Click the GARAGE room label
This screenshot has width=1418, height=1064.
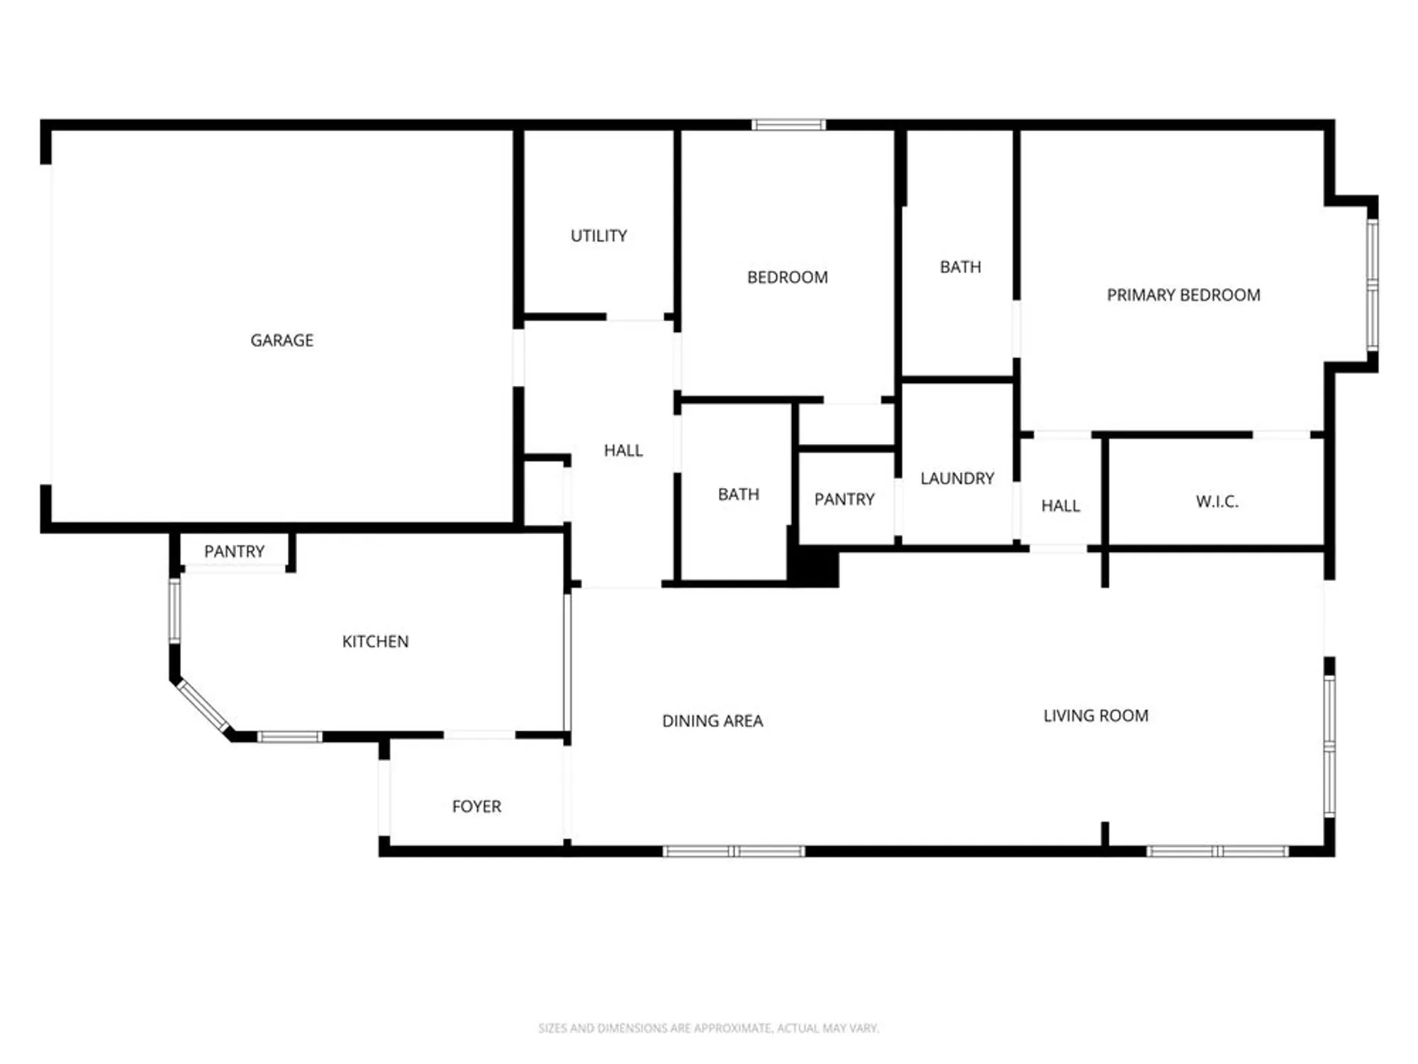[281, 340]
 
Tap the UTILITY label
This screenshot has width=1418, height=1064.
[599, 235]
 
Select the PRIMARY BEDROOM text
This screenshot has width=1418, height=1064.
[1183, 295]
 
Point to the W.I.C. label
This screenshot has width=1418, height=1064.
[1217, 501]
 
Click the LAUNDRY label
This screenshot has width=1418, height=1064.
[957, 478]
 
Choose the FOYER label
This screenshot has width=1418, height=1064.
[476, 807]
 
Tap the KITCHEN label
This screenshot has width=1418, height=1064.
[375, 641]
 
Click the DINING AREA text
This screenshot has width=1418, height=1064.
[713, 721]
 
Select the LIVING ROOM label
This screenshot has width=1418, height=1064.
[1095, 716]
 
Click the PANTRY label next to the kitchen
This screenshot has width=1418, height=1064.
[234, 551]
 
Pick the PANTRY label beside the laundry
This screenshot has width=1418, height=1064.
[844, 499]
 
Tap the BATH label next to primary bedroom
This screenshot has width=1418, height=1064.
[961, 267]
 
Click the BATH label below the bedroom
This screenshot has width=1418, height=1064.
[738, 494]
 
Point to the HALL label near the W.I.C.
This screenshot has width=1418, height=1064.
[1061, 506]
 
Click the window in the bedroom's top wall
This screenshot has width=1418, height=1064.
[788, 125]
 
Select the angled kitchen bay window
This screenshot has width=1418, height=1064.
[203, 706]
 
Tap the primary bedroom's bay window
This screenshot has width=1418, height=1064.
[1373, 284]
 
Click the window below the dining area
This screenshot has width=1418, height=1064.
[734, 851]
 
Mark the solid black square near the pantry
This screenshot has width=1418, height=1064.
[814, 566]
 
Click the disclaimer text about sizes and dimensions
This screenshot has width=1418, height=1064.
[708, 1028]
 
